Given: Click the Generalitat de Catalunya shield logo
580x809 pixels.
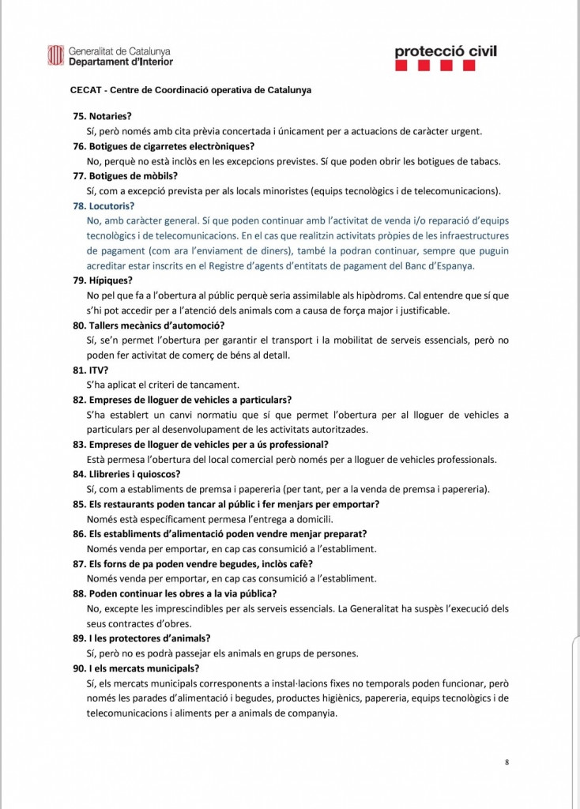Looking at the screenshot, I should tap(56, 55).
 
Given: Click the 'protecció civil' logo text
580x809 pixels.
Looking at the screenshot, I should tap(446, 51).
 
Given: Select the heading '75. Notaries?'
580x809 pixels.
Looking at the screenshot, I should tap(102, 115).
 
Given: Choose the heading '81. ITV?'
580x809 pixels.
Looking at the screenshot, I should tap(90, 369).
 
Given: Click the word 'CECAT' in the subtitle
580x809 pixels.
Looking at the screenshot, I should tap(85, 90).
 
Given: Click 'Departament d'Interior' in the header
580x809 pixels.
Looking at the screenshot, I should tap(121, 62).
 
